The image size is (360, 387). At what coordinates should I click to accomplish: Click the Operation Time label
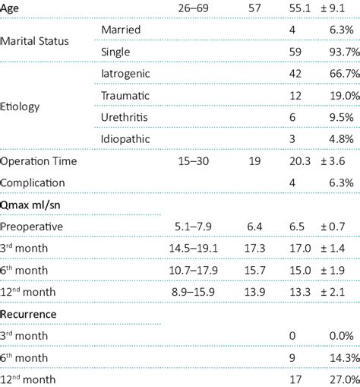(x=39, y=161)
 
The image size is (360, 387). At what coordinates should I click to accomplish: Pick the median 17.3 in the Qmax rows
(x=251, y=249)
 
